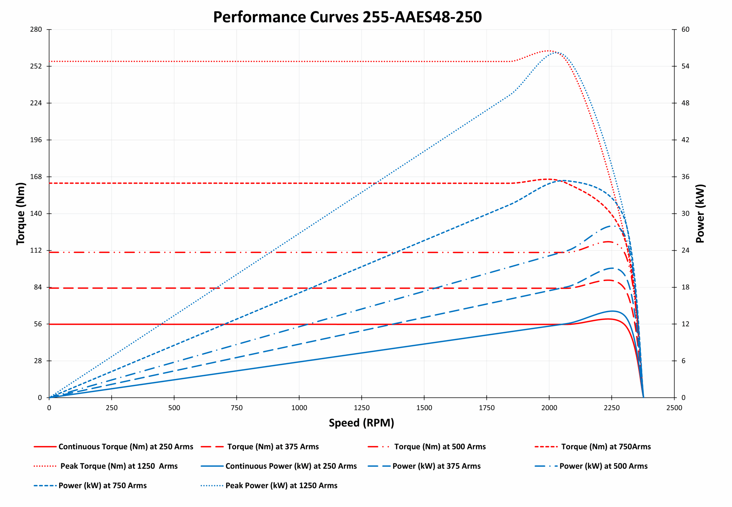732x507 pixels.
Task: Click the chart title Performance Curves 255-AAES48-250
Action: [347, 17]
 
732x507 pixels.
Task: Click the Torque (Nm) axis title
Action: [21, 214]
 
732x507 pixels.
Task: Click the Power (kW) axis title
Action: [700, 214]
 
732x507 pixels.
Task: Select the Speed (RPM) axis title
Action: [361, 423]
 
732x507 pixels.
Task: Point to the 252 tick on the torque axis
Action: [36, 66]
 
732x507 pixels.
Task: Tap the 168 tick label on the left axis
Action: [36, 177]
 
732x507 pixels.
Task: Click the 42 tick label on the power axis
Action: [685, 140]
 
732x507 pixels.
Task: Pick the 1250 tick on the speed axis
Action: [361, 408]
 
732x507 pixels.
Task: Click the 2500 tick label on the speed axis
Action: [674, 408]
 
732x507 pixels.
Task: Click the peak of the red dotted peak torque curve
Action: [548, 51]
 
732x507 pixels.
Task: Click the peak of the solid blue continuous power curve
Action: [612, 311]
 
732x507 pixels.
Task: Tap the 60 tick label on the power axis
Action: [685, 29]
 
